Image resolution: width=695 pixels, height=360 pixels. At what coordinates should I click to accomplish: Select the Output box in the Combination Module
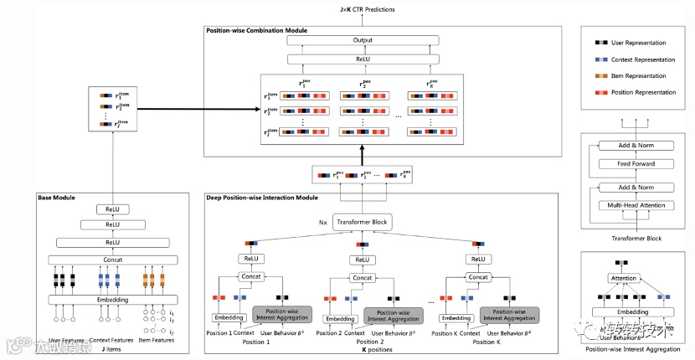click(363, 40)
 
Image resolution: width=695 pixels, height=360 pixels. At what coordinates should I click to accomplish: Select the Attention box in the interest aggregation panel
click(623, 278)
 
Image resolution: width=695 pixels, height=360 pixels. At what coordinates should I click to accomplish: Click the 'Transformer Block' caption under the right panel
click(637, 239)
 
